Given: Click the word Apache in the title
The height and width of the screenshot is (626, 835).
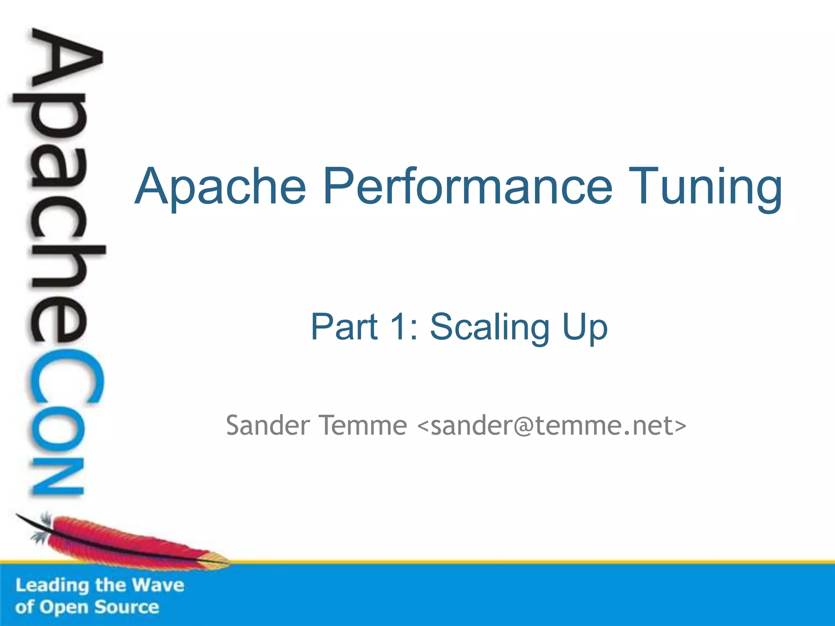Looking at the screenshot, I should pyautogui.click(x=220, y=187).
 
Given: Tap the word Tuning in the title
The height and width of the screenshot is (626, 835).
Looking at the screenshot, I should pyautogui.click(x=705, y=187).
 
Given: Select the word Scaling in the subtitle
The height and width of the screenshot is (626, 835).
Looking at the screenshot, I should pyautogui.click(x=489, y=327).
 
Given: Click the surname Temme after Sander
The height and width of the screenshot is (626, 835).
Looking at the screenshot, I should pyautogui.click(x=362, y=425).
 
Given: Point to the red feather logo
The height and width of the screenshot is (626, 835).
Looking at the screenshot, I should pyautogui.click(x=122, y=542).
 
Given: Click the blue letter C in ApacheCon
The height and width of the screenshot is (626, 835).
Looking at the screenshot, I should pyautogui.click(x=65, y=381).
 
